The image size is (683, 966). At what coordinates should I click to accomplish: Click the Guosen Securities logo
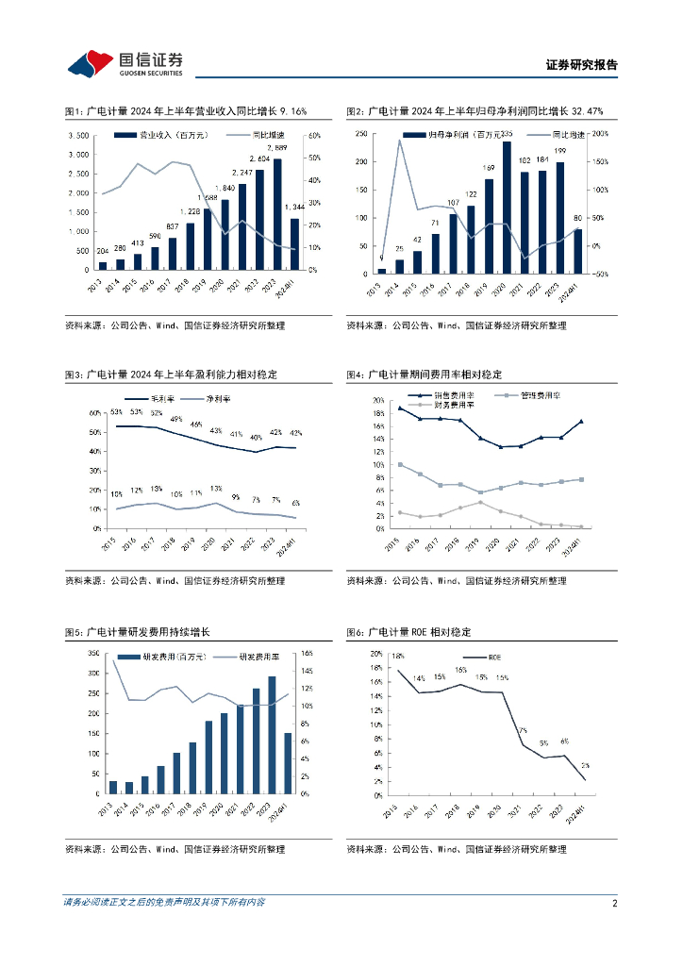(x=125, y=63)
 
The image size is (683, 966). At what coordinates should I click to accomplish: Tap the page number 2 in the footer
(x=614, y=903)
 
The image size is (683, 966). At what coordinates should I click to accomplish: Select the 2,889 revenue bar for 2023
(x=277, y=214)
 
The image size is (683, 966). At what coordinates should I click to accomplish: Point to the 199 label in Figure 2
(x=560, y=152)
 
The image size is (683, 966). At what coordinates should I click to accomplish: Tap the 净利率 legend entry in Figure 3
(x=218, y=398)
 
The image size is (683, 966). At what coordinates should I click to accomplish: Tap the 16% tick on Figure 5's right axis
(x=307, y=654)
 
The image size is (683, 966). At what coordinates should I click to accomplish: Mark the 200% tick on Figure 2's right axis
(x=600, y=135)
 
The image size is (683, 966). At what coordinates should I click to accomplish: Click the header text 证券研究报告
(x=581, y=65)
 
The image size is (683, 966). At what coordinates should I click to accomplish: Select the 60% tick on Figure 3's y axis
(x=95, y=413)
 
